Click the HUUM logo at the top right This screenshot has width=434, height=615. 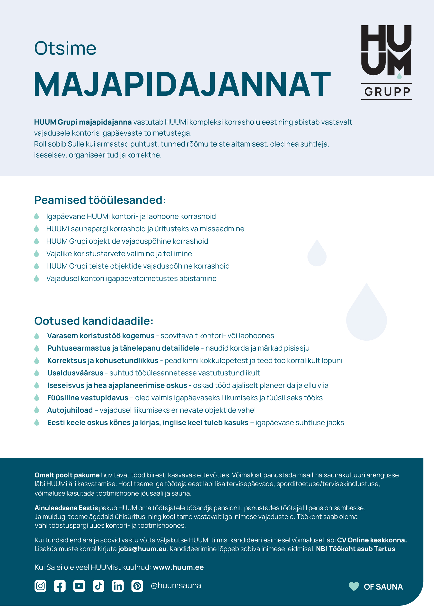pyautogui.click(x=386, y=51)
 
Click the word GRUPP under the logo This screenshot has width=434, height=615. pyautogui.click(x=387, y=92)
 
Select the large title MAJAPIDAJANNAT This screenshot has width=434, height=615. pyautogui.click(x=182, y=84)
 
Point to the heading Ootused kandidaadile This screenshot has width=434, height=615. pyautogui.click(x=94, y=321)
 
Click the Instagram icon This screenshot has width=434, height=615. pyautogui.click(x=40, y=586)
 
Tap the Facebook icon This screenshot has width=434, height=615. pyautogui.click(x=60, y=586)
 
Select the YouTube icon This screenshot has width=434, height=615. pyautogui.click(x=79, y=586)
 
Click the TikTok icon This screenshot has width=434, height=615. pyautogui.click(x=98, y=586)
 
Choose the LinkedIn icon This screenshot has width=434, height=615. pyautogui.click(x=118, y=586)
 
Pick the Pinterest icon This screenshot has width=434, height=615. pyautogui.click(x=137, y=586)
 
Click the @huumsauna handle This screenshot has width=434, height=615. pyautogui.click(x=176, y=586)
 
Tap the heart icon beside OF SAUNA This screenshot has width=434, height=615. pyautogui.click(x=354, y=586)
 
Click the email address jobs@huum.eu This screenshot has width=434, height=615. pyautogui.click(x=142, y=549)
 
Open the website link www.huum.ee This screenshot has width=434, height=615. pyautogui.click(x=178, y=567)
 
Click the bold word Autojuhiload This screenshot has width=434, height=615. pyautogui.click(x=70, y=410)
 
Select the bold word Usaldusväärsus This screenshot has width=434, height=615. pyautogui.click(x=75, y=373)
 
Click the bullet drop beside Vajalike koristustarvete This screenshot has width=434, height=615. pyautogui.click(x=37, y=253)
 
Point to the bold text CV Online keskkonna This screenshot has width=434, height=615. pyautogui.click(x=372, y=540)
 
